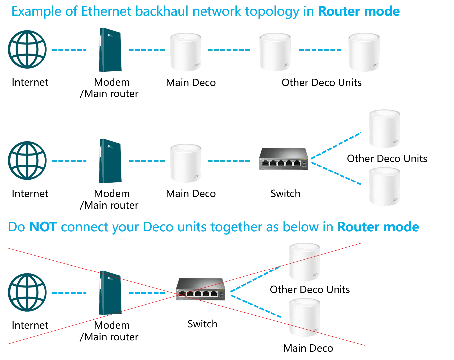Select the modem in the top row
coord(110,50)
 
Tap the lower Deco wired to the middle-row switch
coord(384,186)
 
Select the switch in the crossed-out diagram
coord(201,288)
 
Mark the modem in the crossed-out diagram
coord(110,293)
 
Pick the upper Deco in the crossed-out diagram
coord(305,262)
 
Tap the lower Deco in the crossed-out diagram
coord(305,318)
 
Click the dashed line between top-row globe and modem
coord(69,50)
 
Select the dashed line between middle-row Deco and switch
coord(229,161)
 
